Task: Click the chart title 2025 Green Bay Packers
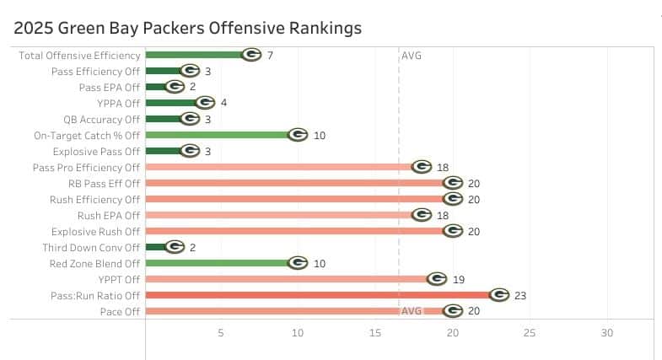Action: point(188,28)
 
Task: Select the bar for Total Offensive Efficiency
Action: point(194,55)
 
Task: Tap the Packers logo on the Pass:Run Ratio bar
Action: point(498,295)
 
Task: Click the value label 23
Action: point(521,295)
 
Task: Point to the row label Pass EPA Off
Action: point(109,87)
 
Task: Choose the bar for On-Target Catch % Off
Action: point(219,135)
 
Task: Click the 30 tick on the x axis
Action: point(606,333)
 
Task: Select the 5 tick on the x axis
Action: point(221,333)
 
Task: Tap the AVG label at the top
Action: point(412,56)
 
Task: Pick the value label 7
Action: point(270,55)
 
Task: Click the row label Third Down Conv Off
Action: point(91,247)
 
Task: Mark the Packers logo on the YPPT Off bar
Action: point(437,279)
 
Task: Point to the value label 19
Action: point(459,279)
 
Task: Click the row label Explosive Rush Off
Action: point(95,231)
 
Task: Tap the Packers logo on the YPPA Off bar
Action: point(205,103)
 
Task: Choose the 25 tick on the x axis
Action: point(530,333)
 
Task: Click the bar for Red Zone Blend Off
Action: point(219,263)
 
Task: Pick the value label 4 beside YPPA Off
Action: point(224,103)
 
